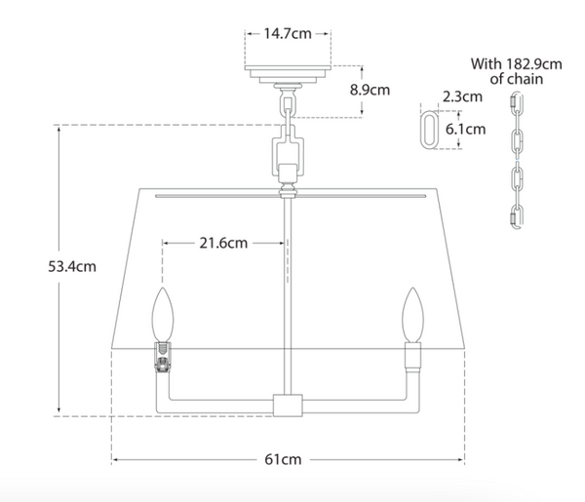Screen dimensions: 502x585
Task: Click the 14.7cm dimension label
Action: tap(287, 33)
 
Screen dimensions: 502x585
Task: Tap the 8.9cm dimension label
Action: tap(370, 90)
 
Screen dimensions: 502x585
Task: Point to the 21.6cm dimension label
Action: tap(223, 244)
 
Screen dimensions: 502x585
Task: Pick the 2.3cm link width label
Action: tap(460, 97)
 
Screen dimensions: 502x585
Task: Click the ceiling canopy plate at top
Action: tap(289, 74)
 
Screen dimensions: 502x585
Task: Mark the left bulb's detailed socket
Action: tap(163, 359)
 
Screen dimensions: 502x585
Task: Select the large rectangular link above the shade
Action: tap(289, 151)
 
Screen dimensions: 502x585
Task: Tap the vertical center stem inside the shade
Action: tap(288, 292)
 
